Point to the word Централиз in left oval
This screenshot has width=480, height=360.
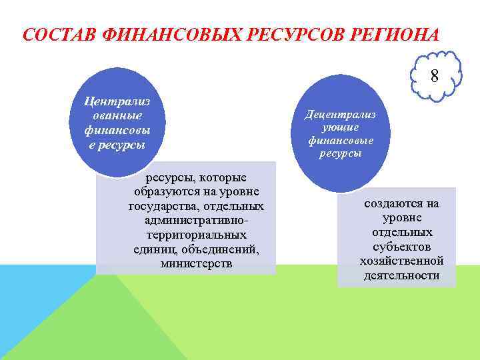pyautogui.click(x=117, y=101)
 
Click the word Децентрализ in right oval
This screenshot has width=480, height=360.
pyautogui.click(x=340, y=114)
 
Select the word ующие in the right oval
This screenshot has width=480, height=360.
pyautogui.click(x=340, y=127)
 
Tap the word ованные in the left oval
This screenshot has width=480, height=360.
pyautogui.click(x=117, y=116)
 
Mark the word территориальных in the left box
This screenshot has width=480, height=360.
pyautogui.click(x=197, y=235)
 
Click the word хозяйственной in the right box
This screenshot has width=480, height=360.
pyautogui.click(x=402, y=261)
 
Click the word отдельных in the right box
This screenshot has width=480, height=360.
pyautogui.click(x=402, y=232)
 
